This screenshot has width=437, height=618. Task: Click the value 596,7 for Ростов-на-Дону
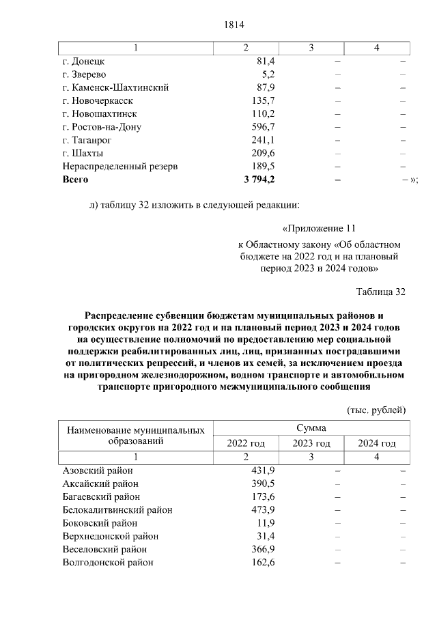coord(263,126)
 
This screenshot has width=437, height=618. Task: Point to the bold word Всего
coord(75,179)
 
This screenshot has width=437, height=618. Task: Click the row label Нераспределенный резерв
coord(119,166)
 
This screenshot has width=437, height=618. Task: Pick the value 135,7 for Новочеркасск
coord(263,100)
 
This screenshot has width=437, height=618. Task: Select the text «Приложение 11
coord(319,229)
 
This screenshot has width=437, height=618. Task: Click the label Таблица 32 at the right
coord(381,292)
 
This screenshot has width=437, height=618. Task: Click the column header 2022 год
coord(245,443)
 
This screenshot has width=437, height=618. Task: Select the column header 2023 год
coord(311,443)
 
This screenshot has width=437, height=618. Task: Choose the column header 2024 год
coord(377,443)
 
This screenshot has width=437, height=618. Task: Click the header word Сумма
coord(311,428)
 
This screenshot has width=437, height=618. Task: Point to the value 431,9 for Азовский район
coord(263,470)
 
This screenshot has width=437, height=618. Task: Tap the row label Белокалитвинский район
coord(117,510)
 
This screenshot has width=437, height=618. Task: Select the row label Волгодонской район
coord(107,563)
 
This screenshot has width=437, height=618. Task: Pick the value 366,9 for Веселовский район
coord(263,549)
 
